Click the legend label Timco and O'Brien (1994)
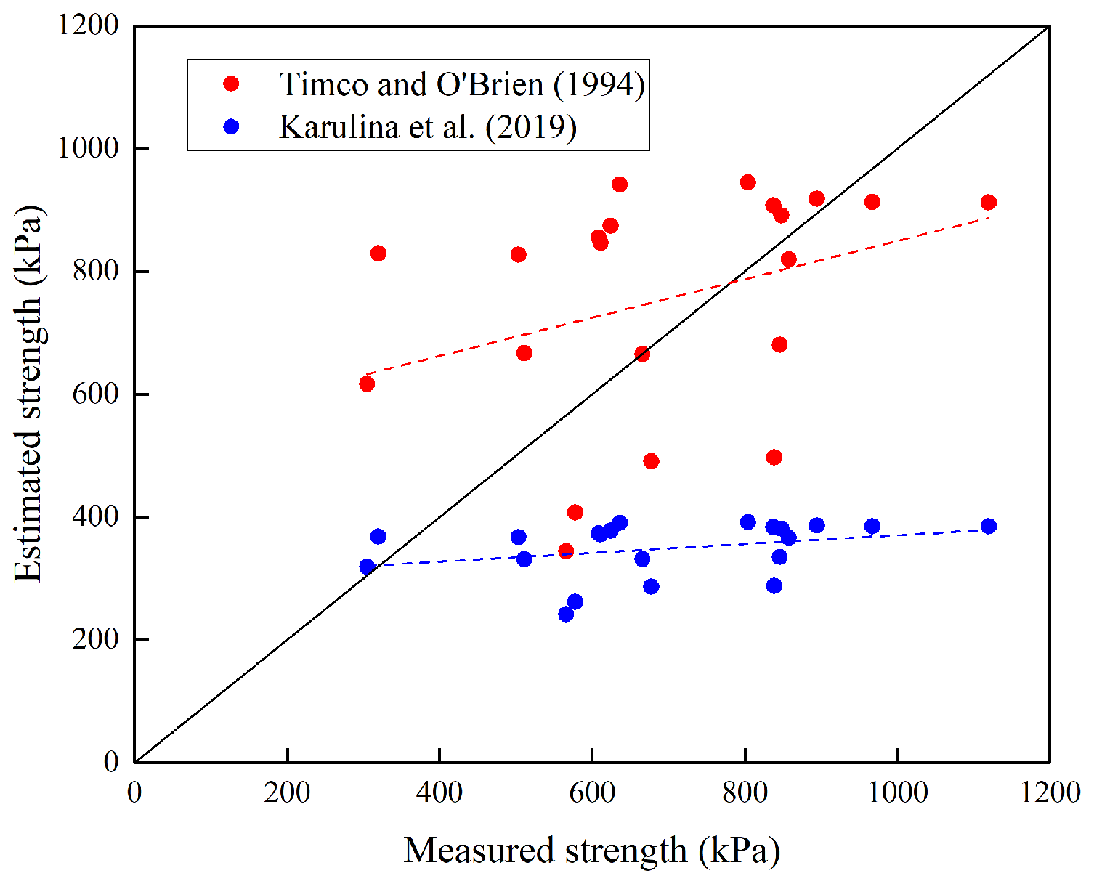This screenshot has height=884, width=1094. [462, 84]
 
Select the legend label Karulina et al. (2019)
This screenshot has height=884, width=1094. [428, 127]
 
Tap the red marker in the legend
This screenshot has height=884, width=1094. [232, 84]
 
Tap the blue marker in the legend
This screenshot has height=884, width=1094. [232, 126]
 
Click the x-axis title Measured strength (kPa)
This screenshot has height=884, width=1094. [591, 851]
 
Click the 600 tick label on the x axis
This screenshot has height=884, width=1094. [592, 792]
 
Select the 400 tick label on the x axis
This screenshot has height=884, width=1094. [439, 792]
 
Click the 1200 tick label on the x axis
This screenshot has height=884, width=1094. [1050, 792]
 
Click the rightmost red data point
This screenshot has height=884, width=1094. [988, 203]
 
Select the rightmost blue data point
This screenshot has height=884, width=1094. [988, 527]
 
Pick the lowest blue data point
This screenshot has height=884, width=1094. [566, 615]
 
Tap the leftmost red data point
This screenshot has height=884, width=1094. [367, 384]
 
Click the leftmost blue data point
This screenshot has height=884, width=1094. [367, 567]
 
